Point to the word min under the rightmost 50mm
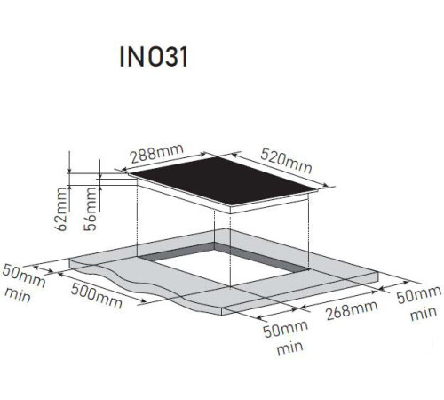424,314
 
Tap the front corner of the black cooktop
230,206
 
